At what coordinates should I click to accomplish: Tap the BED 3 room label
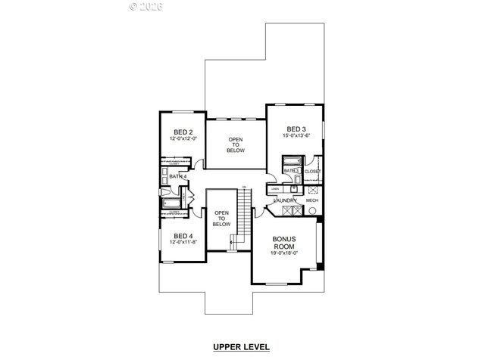tap(296, 129)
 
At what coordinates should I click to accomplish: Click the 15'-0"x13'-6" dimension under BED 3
tap(296, 136)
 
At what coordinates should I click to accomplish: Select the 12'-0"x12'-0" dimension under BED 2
tap(183, 138)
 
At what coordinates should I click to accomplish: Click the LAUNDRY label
tap(285, 201)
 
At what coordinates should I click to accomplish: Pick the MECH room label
tap(312, 201)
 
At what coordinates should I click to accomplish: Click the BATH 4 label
tap(177, 176)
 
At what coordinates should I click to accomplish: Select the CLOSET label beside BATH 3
tap(313, 172)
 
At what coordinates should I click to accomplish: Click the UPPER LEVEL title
tap(242, 347)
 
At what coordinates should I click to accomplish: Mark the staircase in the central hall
tap(243, 216)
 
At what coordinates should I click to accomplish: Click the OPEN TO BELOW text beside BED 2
tap(235, 144)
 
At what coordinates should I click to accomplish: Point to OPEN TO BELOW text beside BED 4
tap(221, 219)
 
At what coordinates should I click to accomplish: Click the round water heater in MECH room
tap(312, 211)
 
